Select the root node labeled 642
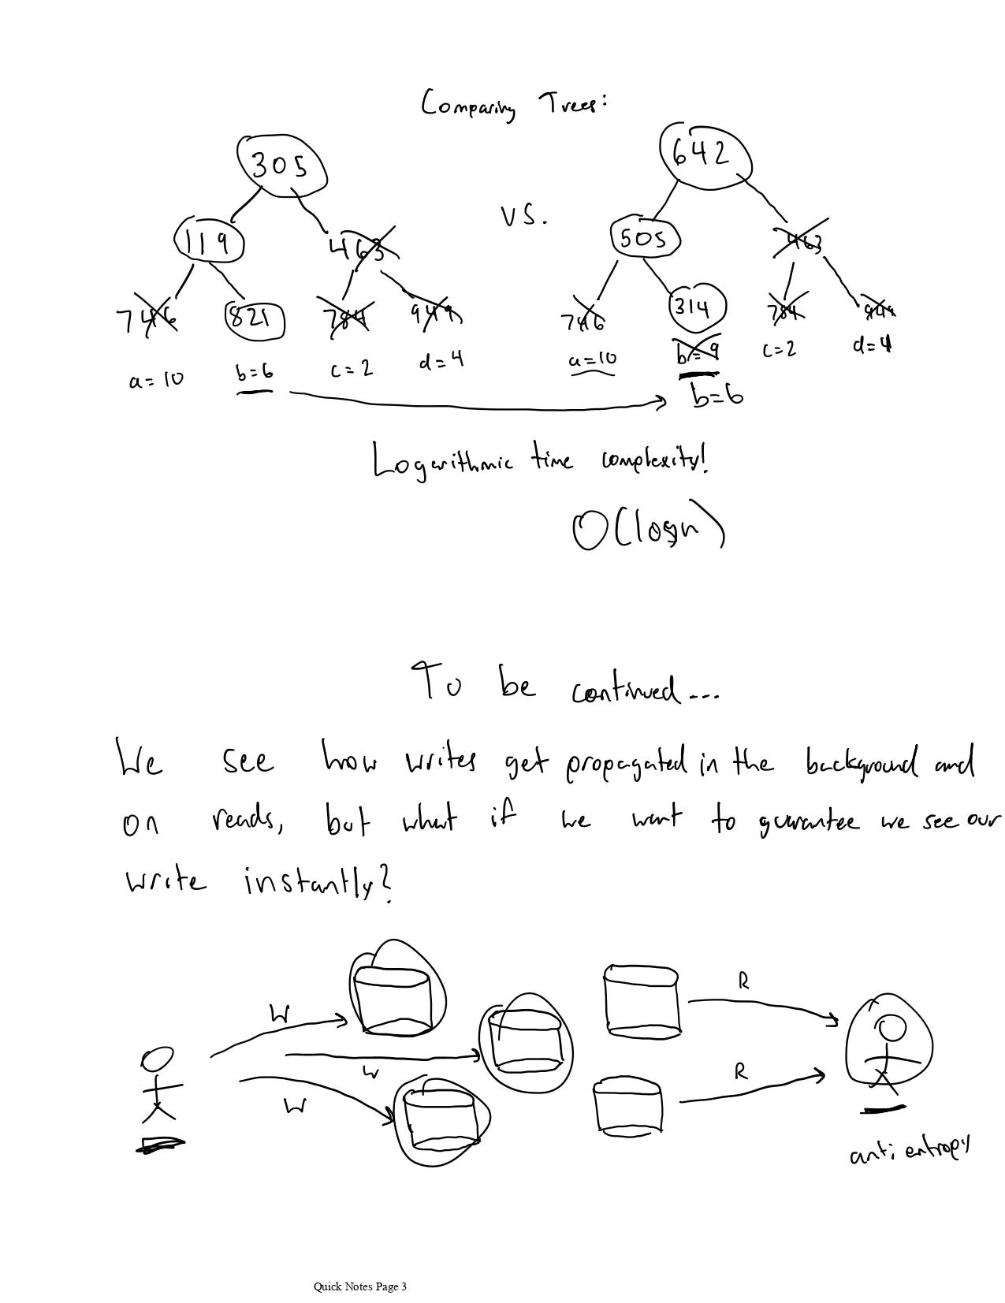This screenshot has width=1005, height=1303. point(704,156)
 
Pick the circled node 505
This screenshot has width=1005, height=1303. point(644,237)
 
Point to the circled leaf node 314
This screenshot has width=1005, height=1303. point(697,307)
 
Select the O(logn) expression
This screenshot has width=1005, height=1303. point(648,528)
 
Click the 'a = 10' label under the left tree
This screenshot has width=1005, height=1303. point(156,379)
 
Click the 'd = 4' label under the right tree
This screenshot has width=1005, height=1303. point(873,345)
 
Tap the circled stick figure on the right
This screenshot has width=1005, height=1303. point(888,1046)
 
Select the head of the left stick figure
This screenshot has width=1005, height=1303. point(157,1059)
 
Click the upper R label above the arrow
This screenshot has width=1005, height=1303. point(743,981)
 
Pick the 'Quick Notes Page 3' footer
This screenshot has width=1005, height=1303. point(360,1287)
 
